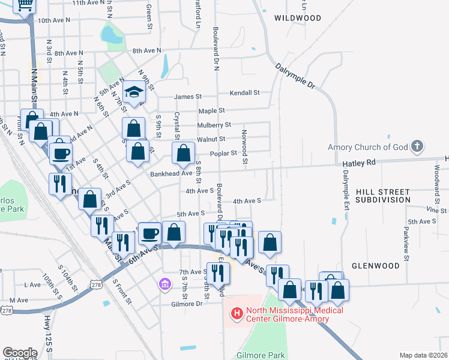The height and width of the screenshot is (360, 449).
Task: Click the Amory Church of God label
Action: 368,147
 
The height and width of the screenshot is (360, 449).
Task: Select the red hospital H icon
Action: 237,313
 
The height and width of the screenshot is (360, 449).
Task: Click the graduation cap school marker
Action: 134,93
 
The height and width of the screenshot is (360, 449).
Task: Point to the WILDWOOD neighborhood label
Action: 298,18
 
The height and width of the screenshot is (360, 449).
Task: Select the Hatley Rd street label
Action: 358,163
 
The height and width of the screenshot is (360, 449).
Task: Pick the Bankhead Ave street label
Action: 171,173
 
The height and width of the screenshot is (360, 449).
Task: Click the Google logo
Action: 20,353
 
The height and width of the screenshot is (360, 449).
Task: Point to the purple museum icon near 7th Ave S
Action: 163,283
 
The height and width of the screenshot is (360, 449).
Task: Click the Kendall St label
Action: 245,93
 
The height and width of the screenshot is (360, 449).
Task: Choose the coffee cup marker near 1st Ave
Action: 60,152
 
